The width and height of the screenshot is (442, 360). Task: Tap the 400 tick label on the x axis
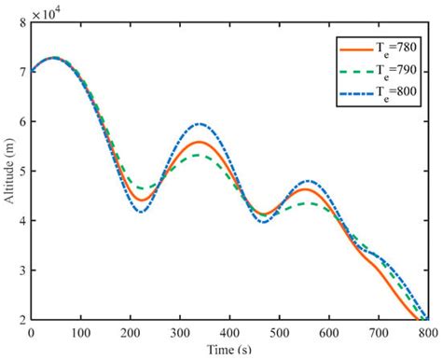[229, 332]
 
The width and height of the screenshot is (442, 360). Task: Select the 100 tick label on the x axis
[81, 332]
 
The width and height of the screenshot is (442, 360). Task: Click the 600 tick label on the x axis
[329, 332]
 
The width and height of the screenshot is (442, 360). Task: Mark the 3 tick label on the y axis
[22, 270]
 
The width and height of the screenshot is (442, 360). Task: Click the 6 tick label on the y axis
[22, 122]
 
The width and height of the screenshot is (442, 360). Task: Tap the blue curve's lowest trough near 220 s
[142, 212]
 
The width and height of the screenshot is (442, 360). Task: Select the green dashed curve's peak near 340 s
[199, 156]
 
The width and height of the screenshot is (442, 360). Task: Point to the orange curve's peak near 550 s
[304, 189]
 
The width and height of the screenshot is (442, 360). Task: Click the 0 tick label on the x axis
[32, 332]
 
